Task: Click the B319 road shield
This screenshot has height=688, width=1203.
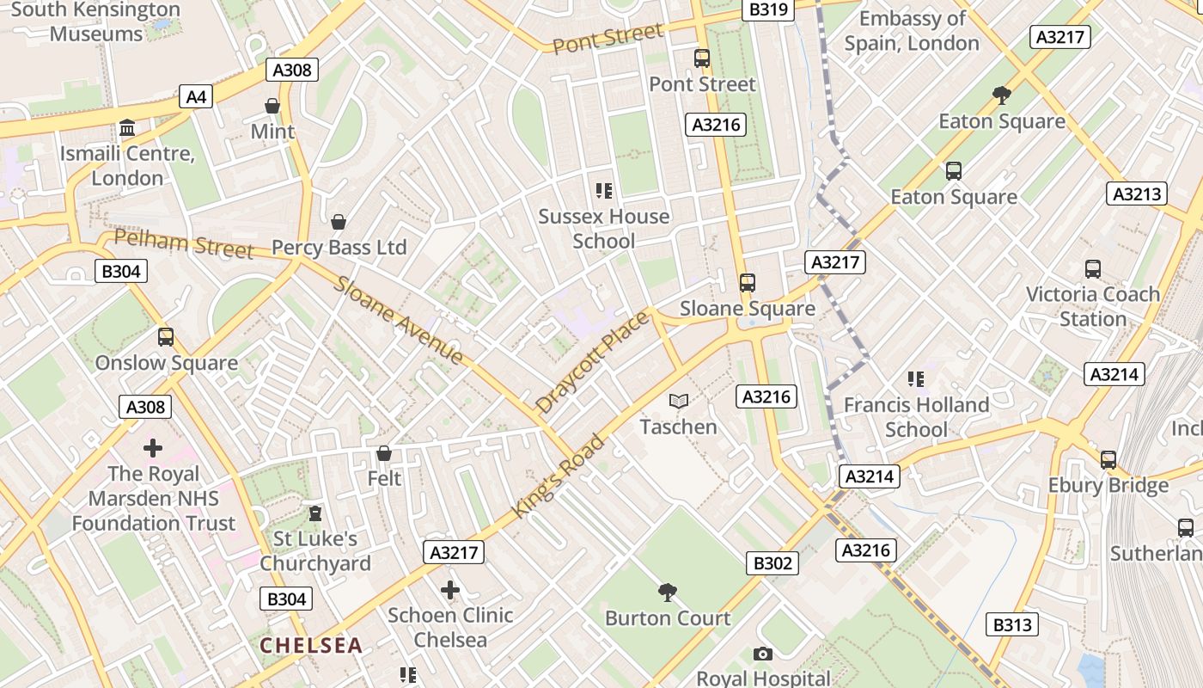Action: click(x=767, y=9)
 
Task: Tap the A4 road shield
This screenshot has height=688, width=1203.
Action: click(x=196, y=96)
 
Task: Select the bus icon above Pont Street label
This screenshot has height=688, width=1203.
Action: click(x=702, y=58)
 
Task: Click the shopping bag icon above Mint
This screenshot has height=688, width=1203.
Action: click(x=272, y=106)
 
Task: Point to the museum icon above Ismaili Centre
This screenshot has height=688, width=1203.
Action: click(x=127, y=128)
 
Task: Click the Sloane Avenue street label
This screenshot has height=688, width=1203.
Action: click(x=399, y=319)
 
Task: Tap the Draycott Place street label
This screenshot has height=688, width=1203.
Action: click(x=592, y=362)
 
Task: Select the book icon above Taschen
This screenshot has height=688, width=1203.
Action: click(x=679, y=401)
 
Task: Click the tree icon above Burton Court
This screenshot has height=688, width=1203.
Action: click(x=667, y=592)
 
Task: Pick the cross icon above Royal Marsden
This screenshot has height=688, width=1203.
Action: click(x=153, y=448)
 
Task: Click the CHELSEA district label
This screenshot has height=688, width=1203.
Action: click(x=311, y=645)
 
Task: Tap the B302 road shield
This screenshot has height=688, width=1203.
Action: click(x=772, y=563)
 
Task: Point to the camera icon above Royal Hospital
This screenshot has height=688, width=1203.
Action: click(x=762, y=654)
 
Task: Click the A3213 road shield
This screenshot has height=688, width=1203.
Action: click(x=1136, y=193)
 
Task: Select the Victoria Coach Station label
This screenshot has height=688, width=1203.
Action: click(x=1092, y=306)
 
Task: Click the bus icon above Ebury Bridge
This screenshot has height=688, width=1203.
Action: click(x=1108, y=459)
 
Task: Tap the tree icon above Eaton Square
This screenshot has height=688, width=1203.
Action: click(x=1001, y=95)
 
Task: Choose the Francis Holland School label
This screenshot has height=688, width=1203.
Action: click(x=916, y=417)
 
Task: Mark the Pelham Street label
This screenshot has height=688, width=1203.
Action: click(x=183, y=244)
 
